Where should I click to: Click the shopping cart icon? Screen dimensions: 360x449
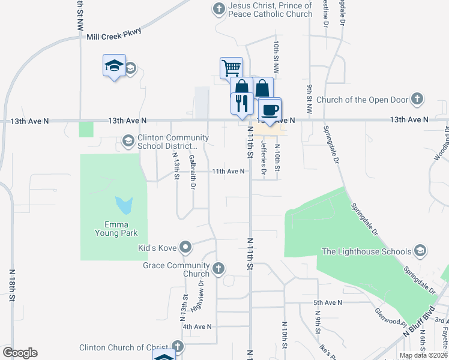click(x=231, y=67)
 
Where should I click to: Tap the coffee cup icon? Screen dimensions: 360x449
click(x=270, y=110)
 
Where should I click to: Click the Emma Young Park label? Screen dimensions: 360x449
click(x=116, y=229)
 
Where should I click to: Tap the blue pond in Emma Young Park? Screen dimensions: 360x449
click(x=124, y=205)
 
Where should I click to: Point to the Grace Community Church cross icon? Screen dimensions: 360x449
click(x=218, y=268)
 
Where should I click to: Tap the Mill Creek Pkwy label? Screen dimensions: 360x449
click(x=113, y=35)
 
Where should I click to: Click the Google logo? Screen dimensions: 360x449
click(x=20, y=353)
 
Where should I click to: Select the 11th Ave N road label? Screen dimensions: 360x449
click(x=228, y=171)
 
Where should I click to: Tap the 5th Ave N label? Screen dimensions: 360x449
click(x=327, y=303)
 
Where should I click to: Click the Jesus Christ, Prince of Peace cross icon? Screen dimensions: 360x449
click(x=218, y=9)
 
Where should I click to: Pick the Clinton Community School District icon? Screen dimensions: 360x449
click(x=127, y=141)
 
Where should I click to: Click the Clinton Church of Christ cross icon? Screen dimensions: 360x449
click(x=177, y=347)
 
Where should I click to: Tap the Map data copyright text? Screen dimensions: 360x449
click(x=423, y=355)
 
